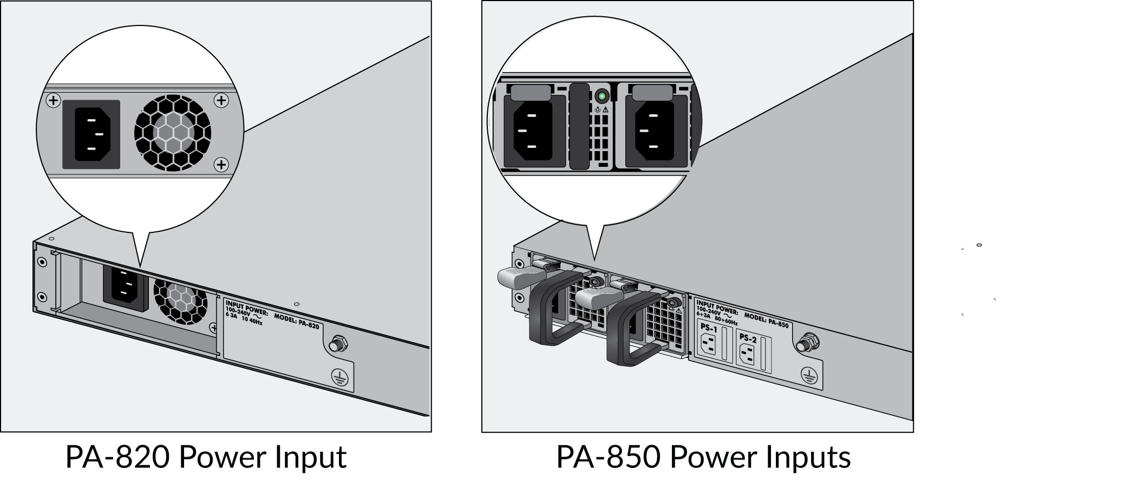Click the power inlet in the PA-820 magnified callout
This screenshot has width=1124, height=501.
tap(91, 134)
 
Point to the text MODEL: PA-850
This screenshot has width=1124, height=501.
tap(766, 320)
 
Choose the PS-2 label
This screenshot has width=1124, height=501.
tap(748, 339)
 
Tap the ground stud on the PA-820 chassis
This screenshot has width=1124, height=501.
tap(338, 343)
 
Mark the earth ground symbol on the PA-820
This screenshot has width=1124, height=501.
tap(339, 378)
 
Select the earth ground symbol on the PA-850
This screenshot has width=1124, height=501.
tap(809, 375)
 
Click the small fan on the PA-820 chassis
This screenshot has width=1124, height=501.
tap(180, 301)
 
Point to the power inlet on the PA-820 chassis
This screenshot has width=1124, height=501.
tap(125, 290)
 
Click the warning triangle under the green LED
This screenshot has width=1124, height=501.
tap(605, 110)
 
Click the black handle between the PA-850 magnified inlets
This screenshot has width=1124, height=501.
tap(579, 126)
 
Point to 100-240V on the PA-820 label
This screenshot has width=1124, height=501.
tap(238, 313)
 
